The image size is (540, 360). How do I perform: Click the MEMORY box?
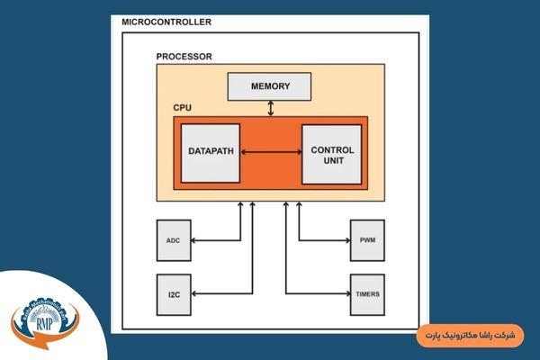(271, 85)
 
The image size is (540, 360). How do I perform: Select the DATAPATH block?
(211, 152)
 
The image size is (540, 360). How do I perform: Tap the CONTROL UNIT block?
(331, 154)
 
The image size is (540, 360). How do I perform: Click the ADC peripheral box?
(174, 241)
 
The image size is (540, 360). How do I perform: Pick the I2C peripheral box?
(174, 293)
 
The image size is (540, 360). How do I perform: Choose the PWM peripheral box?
(366, 241)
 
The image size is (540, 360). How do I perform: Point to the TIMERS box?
(366, 293)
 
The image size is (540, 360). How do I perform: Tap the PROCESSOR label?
(184, 56)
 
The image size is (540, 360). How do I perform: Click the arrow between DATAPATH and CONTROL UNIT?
(271, 153)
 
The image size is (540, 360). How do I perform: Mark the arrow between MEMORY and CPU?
(271, 107)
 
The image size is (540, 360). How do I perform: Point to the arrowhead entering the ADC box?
(196, 241)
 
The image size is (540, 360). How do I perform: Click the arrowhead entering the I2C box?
(196, 293)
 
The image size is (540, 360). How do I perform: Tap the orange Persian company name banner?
(472, 336)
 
